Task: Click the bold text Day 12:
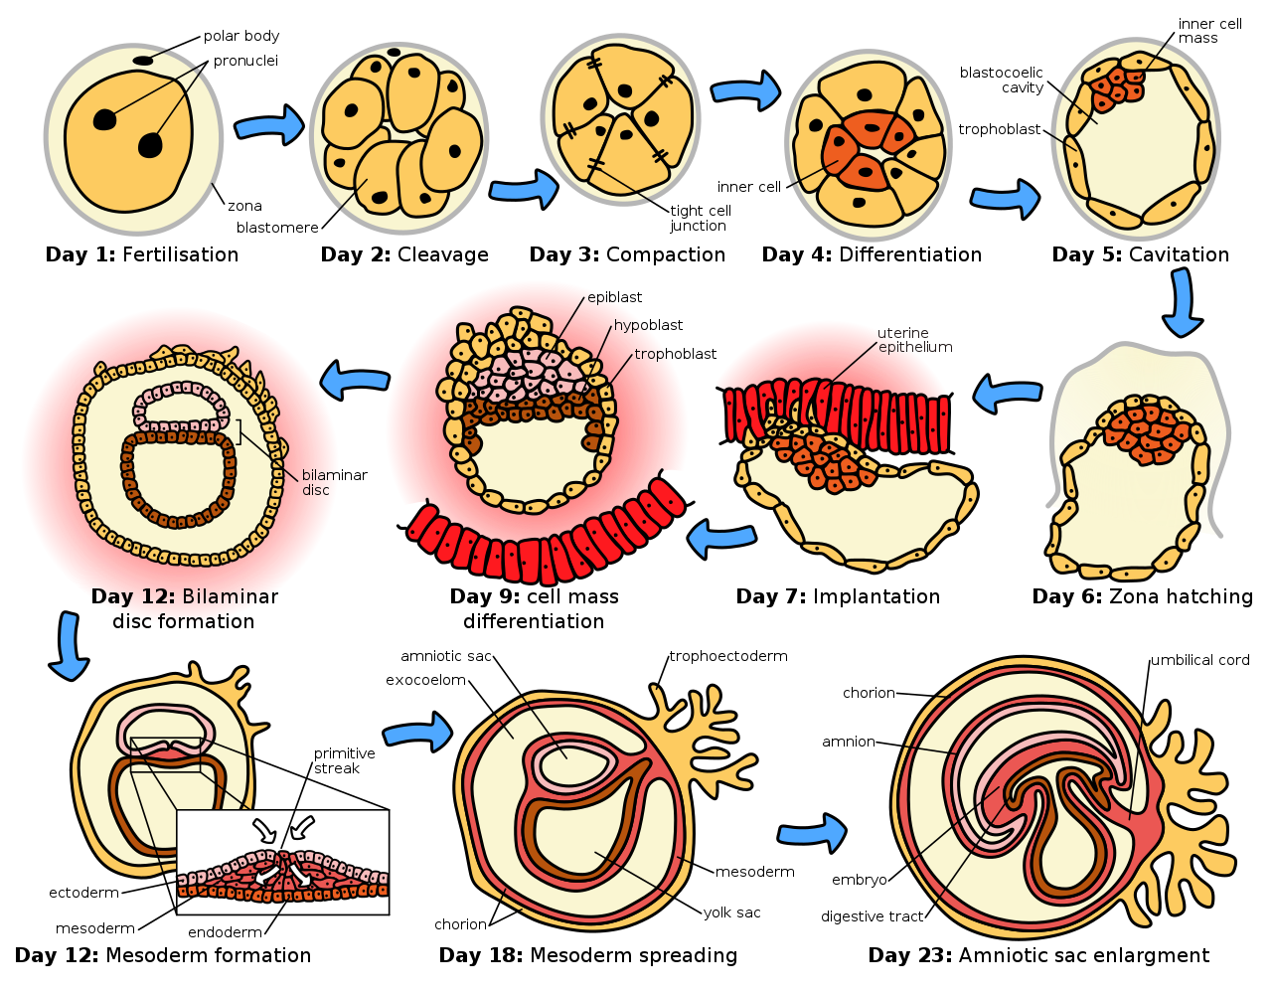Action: (x=133, y=597)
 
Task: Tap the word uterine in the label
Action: (x=902, y=333)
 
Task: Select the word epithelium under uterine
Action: (x=915, y=348)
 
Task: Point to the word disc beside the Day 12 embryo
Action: (x=315, y=491)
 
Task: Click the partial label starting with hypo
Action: (x=630, y=326)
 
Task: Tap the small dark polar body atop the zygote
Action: (x=143, y=61)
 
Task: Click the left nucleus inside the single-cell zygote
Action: (x=104, y=119)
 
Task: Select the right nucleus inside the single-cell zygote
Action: (x=150, y=146)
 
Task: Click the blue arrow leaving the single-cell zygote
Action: (x=269, y=126)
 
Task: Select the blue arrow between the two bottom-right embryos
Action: (x=812, y=832)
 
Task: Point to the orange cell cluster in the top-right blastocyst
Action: (x=1114, y=87)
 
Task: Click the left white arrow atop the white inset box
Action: (x=264, y=829)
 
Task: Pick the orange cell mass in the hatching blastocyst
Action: (x=1142, y=429)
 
